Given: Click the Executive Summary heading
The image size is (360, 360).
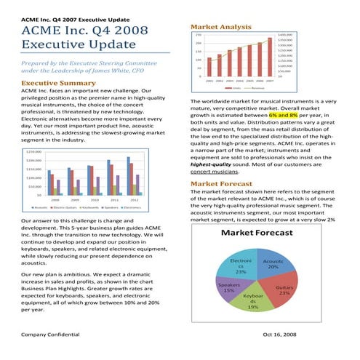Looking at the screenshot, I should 55,84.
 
